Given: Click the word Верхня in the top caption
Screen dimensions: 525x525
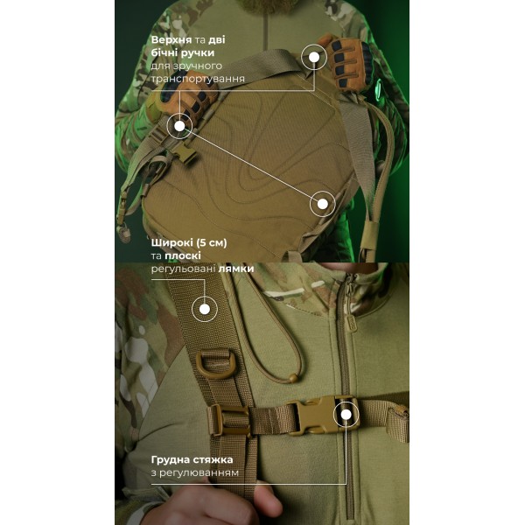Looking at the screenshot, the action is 171,40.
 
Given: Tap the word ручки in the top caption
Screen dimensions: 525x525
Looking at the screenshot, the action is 199,53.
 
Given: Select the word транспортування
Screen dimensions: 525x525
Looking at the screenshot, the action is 198,79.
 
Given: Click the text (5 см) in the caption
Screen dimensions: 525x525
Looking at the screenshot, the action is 211,242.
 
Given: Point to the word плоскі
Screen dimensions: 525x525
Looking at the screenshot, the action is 183,255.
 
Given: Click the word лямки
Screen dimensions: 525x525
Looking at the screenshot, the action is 236,269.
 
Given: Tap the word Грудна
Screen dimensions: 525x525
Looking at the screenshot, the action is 170,459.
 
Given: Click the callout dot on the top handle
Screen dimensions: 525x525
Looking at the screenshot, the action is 314,57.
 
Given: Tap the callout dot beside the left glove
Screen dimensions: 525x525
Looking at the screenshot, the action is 179,126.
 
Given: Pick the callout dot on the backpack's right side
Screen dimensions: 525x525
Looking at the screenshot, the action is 322,204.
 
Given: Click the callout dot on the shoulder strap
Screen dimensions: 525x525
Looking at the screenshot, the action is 205,309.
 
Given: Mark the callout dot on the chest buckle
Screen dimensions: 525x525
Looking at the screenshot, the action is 346,415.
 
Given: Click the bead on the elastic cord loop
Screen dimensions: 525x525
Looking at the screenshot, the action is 293,378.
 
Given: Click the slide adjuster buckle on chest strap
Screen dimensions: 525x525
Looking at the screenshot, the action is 228,421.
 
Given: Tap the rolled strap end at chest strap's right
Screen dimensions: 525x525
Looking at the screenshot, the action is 397,423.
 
